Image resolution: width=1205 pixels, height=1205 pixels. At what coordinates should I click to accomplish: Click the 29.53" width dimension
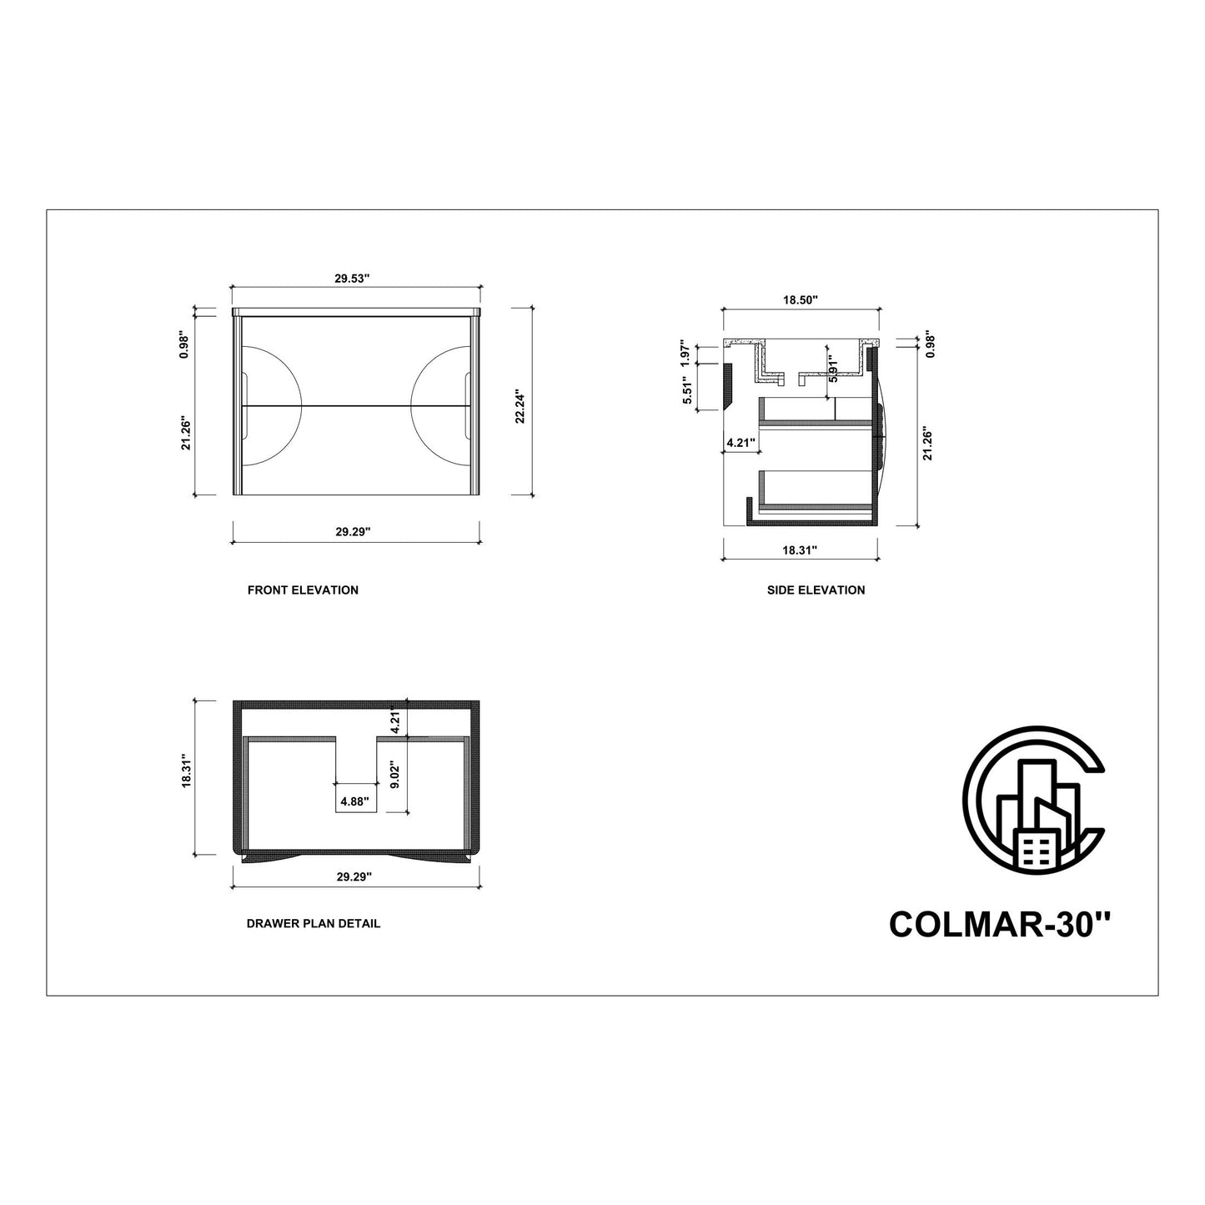pos(353,279)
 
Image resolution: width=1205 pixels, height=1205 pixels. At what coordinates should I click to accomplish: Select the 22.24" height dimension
pos(520,406)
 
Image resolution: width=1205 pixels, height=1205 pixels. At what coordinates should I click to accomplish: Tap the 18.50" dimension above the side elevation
pos(801,300)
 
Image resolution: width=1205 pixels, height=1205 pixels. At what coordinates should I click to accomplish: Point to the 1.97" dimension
pos(685,354)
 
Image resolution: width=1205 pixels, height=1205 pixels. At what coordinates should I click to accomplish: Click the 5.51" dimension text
pos(688,389)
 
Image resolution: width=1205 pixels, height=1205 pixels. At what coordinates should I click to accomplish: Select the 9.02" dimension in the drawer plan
pos(394,774)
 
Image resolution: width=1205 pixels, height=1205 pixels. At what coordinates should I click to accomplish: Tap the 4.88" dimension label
pos(354,801)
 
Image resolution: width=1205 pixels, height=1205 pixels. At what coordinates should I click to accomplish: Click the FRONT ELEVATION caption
pos(304,590)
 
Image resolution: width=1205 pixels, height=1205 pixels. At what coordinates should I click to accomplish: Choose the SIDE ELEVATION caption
pos(816,590)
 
